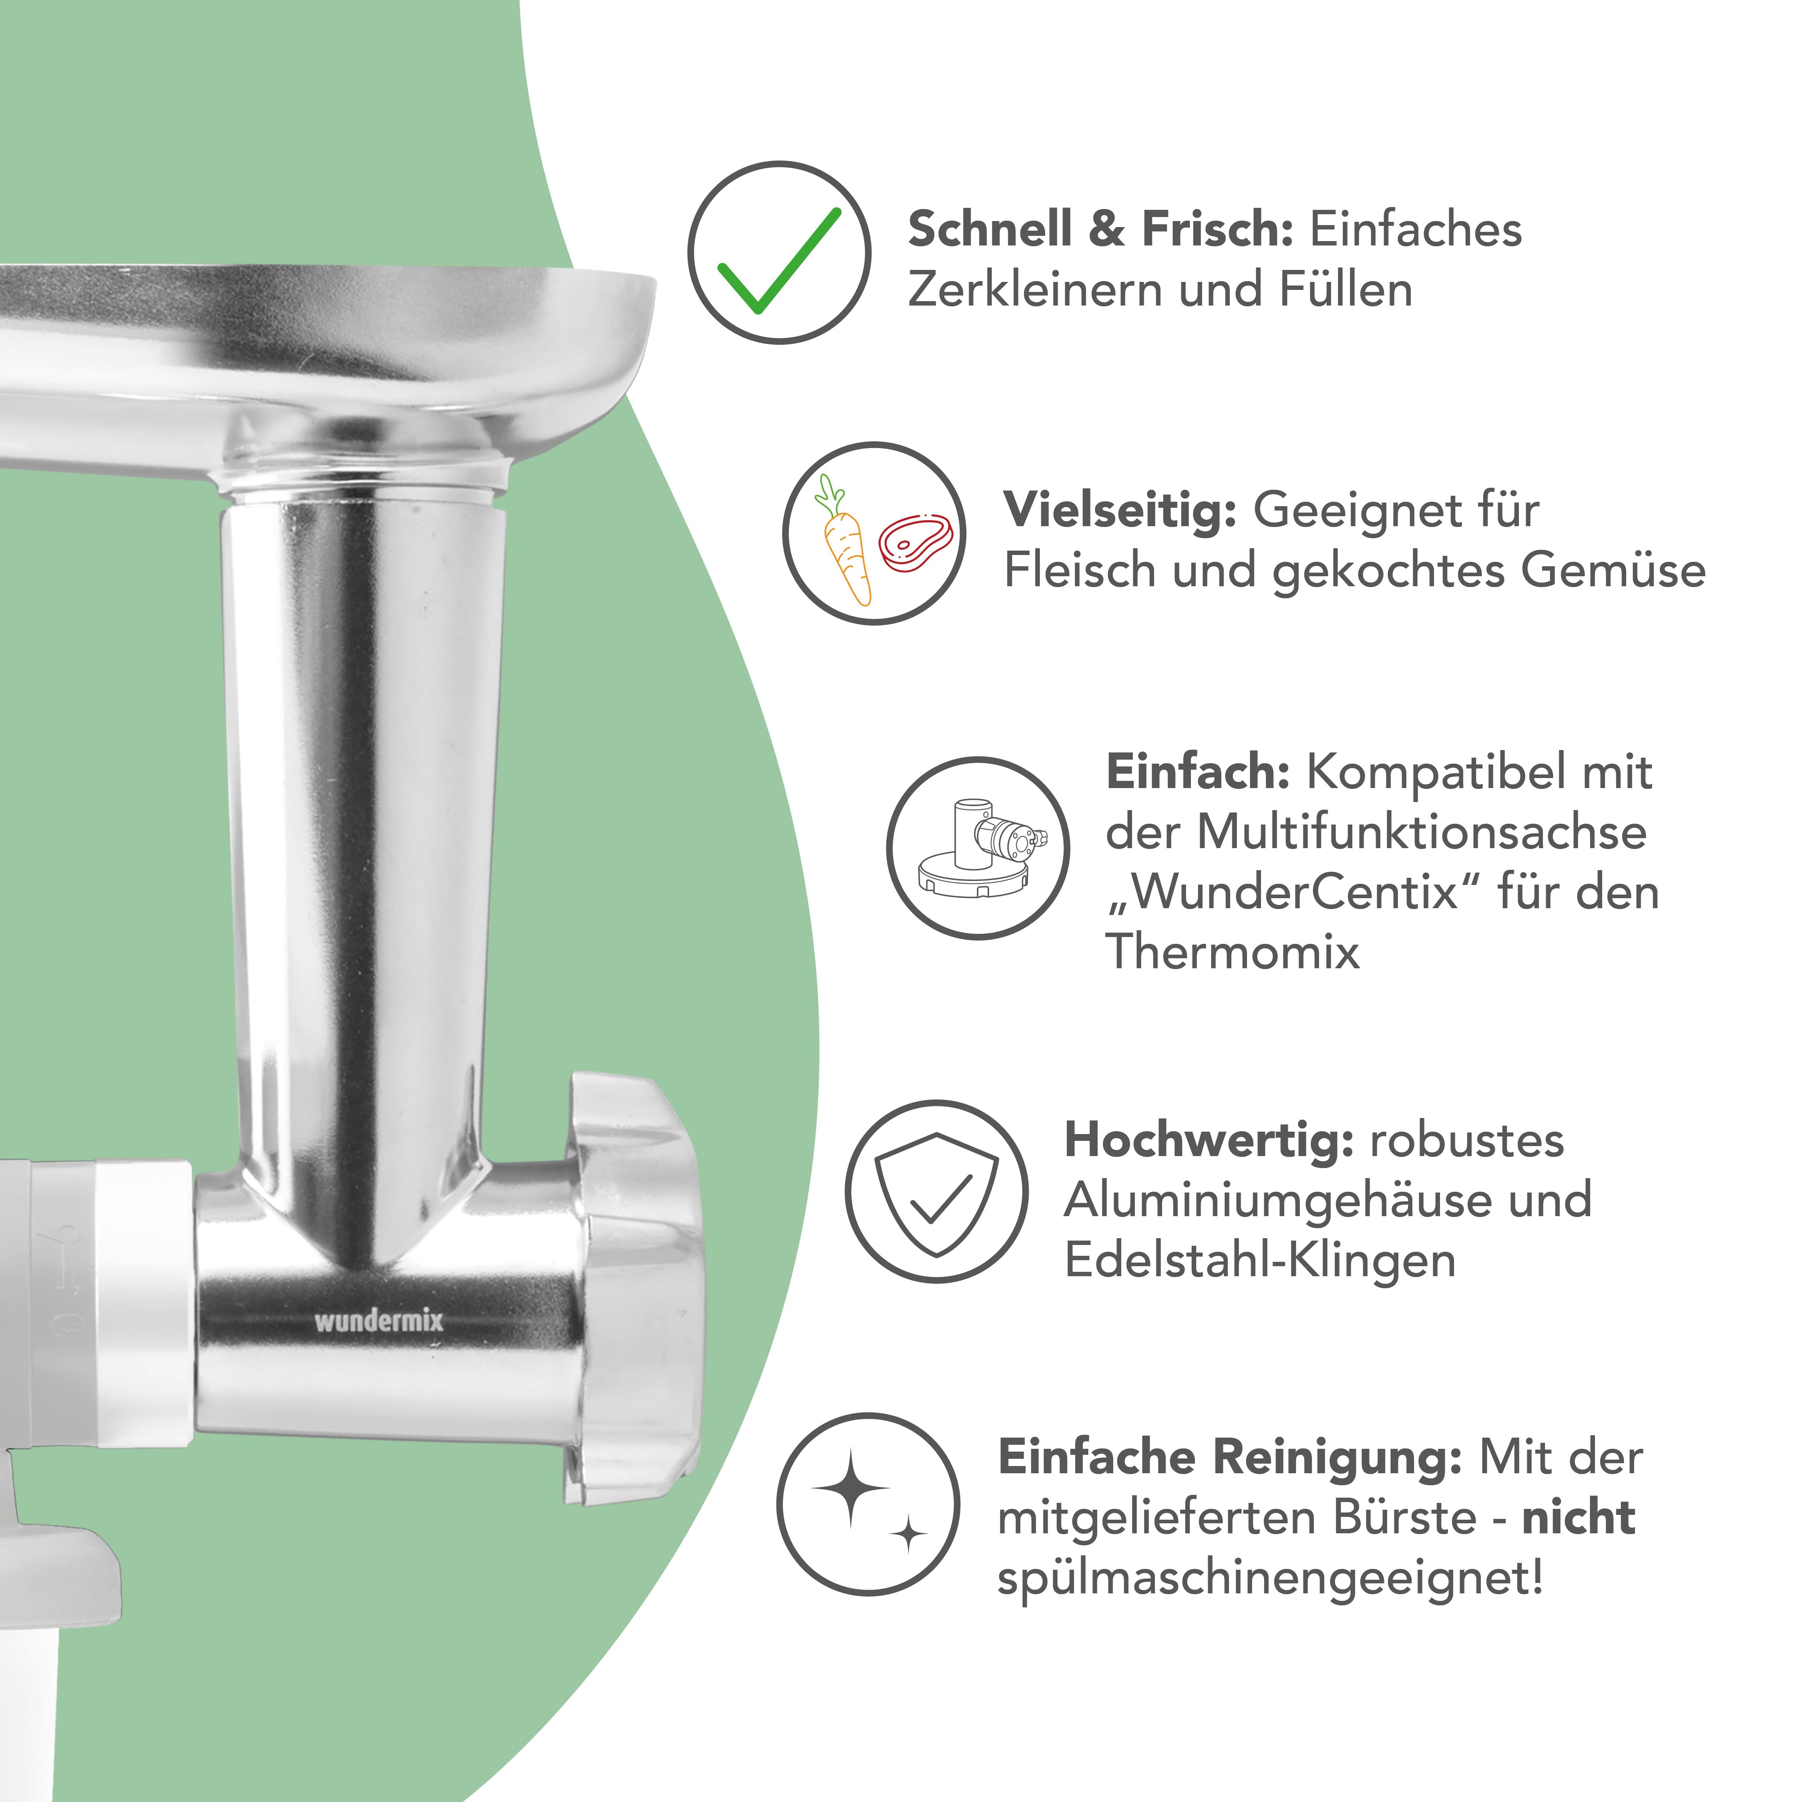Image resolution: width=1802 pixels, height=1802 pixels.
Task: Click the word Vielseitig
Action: click(1119, 511)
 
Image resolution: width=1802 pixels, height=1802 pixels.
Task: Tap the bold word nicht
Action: click(1578, 1518)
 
